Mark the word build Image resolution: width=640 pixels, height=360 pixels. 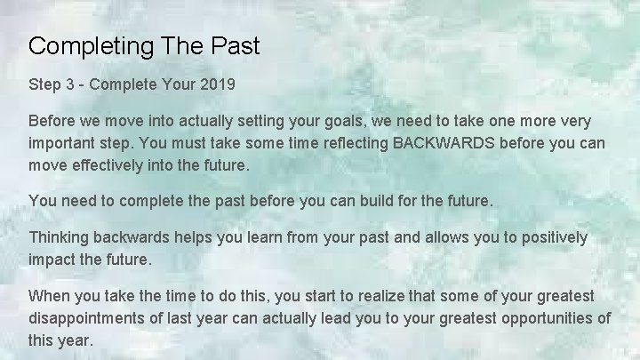coord(367,201)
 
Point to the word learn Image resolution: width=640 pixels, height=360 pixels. coord(243,237)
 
